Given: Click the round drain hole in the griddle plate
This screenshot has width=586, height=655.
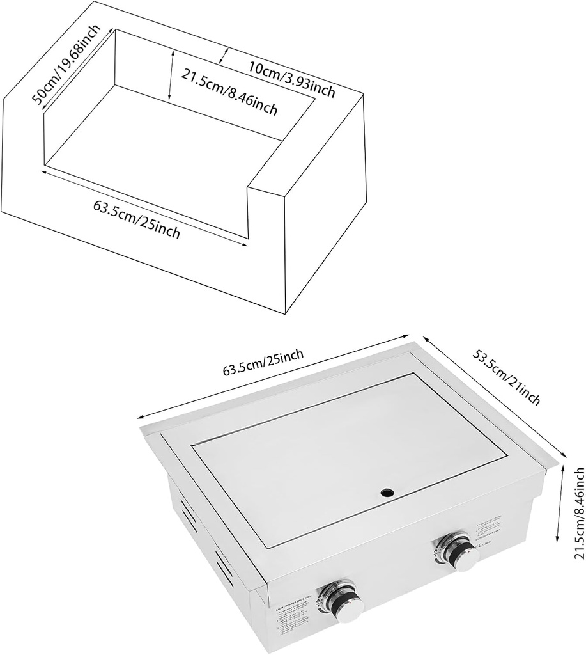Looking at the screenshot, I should coord(387,493).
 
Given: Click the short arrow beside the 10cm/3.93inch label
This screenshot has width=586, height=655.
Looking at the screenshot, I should coord(223,56).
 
